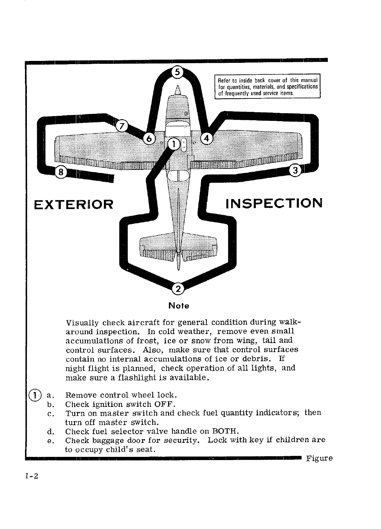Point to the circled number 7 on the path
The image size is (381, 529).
coord(121,126)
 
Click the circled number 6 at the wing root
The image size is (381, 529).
coord(149,139)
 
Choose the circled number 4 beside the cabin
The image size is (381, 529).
coord(206,139)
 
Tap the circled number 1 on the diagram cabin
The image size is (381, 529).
coord(173,145)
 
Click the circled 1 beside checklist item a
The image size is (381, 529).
coord(35,394)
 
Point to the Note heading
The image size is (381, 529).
coord(179,306)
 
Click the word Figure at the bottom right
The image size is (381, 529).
coord(319,458)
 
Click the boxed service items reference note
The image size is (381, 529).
coord(267,87)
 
